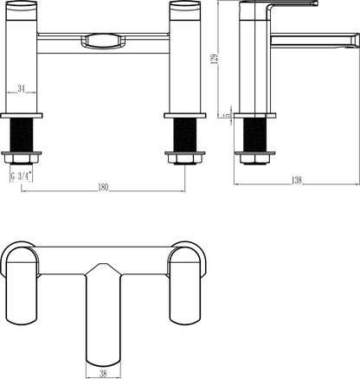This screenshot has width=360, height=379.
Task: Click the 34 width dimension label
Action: point(21,89)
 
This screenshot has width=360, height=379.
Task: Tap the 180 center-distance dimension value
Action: point(103,188)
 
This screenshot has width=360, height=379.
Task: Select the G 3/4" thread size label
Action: point(22,176)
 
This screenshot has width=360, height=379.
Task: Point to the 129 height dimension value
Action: point(215,58)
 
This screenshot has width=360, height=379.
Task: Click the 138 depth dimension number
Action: point(297,181)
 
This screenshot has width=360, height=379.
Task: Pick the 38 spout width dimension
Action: point(103,374)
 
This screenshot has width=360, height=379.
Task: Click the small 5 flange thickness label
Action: point(229,115)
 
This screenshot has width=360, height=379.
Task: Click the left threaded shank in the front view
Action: point(22,135)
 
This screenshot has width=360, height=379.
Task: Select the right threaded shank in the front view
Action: point(185,135)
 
